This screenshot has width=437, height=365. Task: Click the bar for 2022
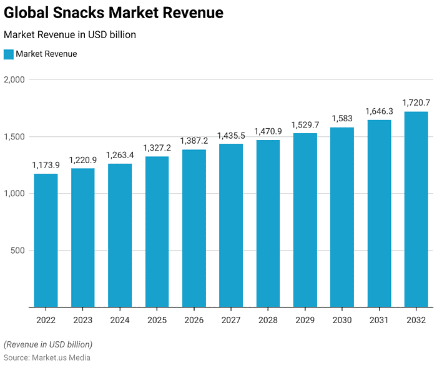[x=46, y=241]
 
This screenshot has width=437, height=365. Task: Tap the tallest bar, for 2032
[x=416, y=209]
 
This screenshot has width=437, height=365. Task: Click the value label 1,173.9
[x=46, y=165]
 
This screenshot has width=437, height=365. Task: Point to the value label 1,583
[x=342, y=118]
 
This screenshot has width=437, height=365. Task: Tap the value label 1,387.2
[x=194, y=141]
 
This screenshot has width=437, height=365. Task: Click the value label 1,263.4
[x=119, y=155]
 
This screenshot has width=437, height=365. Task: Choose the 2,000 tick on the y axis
[x=14, y=79]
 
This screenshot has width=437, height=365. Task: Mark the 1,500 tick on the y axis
[x=14, y=137]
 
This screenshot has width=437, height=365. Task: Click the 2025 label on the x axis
[x=157, y=320]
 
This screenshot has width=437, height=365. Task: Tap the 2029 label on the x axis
[x=305, y=320]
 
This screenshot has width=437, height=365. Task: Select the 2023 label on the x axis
[x=82, y=320]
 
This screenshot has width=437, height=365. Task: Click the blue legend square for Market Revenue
[x=9, y=54]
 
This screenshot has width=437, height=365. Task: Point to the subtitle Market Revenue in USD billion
[x=70, y=35]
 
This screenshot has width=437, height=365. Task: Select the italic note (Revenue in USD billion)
[x=48, y=344]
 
